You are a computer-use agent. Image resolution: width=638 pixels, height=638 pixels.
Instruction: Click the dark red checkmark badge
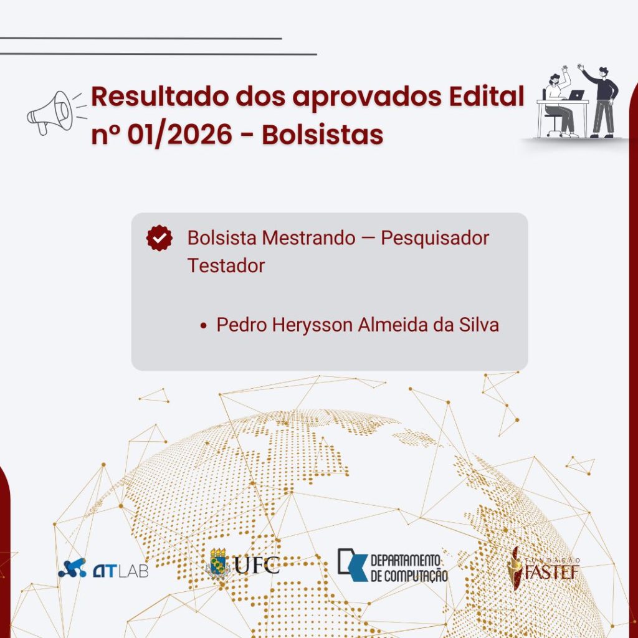(159, 239)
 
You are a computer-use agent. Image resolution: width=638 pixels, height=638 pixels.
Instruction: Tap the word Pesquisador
(435, 238)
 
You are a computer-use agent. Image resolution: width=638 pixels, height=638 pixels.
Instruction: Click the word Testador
(226, 265)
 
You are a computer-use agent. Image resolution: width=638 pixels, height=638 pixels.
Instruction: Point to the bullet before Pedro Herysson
(203, 326)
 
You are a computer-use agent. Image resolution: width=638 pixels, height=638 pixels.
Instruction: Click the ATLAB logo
(103, 568)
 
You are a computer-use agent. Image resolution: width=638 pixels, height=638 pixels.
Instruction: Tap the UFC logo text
(257, 564)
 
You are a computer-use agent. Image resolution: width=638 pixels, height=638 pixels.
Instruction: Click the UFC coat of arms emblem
(218, 564)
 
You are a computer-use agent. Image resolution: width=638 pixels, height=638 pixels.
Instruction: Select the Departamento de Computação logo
(393, 565)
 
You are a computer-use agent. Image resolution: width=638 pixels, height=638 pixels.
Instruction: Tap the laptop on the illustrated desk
(576, 95)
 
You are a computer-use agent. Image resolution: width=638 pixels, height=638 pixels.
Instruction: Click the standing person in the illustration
(602, 100)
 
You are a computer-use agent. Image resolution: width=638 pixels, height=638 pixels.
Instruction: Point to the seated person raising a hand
(556, 100)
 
